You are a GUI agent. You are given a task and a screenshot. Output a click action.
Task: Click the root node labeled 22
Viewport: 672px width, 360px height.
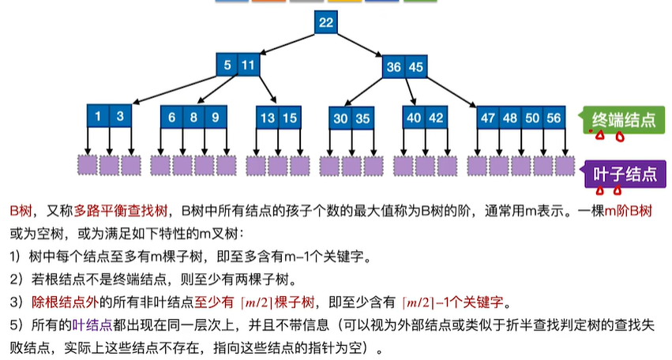pyautogui.click(x=325, y=22)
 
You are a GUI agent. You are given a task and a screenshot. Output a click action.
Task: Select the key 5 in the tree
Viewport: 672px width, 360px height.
pyautogui.click(x=227, y=65)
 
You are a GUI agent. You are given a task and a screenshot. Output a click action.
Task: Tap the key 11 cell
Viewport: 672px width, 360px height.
pyautogui.click(x=249, y=65)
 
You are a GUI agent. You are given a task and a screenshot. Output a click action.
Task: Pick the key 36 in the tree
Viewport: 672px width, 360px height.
pyautogui.click(x=393, y=66)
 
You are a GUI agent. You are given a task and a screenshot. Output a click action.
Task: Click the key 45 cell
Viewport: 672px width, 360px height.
pyautogui.click(x=415, y=66)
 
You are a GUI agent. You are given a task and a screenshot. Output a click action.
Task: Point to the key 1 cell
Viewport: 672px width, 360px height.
pyautogui.click(x=98, y=116)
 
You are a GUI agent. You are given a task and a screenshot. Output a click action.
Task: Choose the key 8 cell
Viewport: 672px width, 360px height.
pyautogui.click(x=193, y=117)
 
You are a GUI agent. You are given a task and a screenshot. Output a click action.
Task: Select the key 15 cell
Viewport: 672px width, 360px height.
pyautogui.click(x=290, y=118)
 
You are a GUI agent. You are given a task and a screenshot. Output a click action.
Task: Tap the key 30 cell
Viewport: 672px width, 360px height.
pyautogui.click(x=340, y=118)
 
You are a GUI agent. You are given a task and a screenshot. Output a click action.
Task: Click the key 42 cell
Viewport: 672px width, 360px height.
pyautogui.click(x=436, y=118)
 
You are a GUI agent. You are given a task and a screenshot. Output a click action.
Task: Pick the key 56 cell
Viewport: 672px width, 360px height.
pyautogui.click(x=554, y=118)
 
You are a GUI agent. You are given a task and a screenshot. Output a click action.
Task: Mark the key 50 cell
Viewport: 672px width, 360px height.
pyautogui.click(x=532, y=118)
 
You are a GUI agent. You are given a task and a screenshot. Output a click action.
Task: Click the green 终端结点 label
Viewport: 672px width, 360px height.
pyautogui.click(x=623, y=119)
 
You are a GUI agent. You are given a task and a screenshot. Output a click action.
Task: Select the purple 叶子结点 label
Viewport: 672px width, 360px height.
pyautogui.click(x=625, y=174)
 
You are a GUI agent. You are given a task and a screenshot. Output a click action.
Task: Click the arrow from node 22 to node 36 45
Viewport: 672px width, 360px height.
pyautogui.click(x=359, y=44)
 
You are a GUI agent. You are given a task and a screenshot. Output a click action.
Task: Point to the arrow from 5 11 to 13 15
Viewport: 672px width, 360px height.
pyautogui.click(x=268, y=89)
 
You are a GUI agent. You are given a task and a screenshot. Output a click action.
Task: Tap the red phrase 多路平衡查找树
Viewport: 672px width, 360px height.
pyautogui.click(x=121, y=211)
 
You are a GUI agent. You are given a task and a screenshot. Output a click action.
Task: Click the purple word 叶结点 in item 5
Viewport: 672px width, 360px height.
pyautogui.click(x=92, y=324)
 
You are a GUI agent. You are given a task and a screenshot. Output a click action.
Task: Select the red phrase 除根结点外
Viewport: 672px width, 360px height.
pyautogui.click(x=65, y=302)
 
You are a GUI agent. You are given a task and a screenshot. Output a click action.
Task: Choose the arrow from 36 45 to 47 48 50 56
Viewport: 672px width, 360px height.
pyautogui.click(x=451, y=92)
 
